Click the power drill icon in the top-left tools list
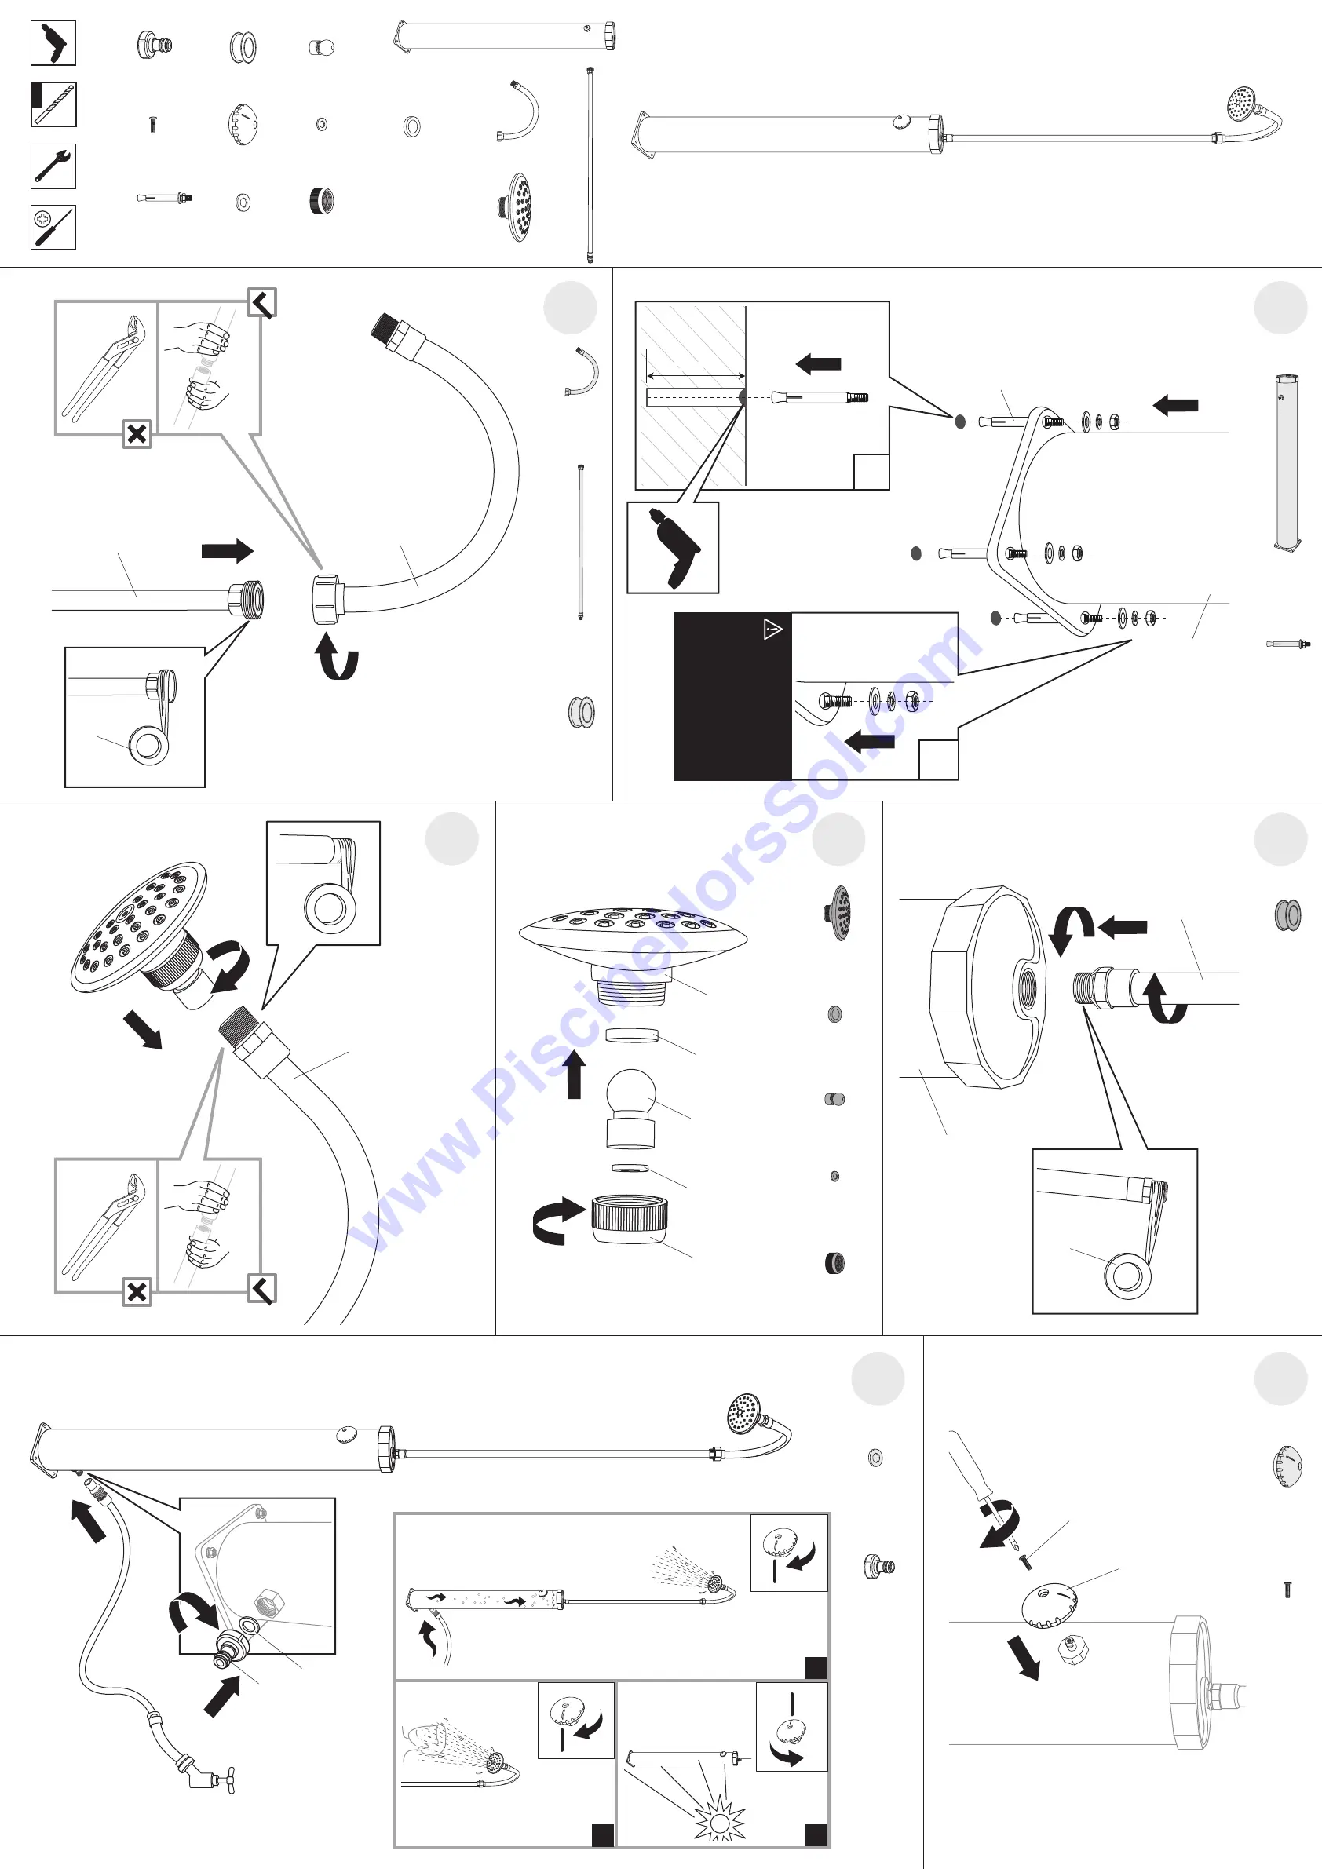(53, 43)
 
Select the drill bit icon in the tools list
(53, 104)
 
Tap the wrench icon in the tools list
(53, 166)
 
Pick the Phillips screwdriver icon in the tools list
(53, 227)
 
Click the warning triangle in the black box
(772, 630)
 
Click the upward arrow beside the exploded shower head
(574, 1074)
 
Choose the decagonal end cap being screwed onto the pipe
(988, 987)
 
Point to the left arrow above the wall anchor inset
(817, 364)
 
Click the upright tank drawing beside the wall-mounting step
(1286, 464)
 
